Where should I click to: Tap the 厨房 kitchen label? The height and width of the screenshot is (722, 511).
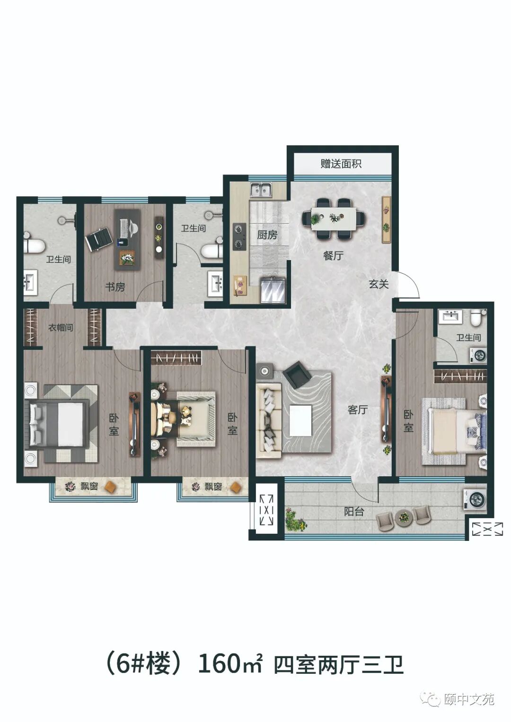coord(267,235)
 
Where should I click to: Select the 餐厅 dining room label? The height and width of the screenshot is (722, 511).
coord(333,256)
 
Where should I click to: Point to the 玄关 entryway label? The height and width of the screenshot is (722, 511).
coord(379,284)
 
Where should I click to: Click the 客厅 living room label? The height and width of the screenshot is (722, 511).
coord(358,409)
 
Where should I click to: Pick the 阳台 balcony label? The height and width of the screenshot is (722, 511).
coord(354,511)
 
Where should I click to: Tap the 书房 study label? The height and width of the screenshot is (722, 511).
coord(115,287)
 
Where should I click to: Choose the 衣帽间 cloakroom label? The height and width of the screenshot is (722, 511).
coord(61,328)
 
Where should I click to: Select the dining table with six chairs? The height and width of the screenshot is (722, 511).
coord(334,218)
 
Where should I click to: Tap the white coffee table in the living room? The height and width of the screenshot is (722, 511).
coord(300,421)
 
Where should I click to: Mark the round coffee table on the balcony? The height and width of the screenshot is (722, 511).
coord(403,517)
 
